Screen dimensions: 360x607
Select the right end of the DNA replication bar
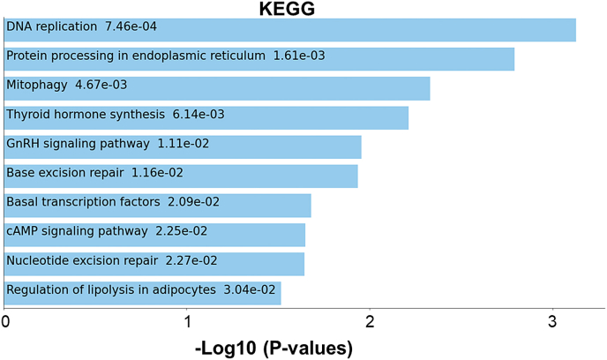[575, 30]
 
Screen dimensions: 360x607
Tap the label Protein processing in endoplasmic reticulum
[136, 56]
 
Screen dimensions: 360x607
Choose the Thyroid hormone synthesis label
[86, 115]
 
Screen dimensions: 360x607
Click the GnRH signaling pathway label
[78, 144]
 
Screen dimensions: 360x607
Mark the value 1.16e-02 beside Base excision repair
[157, 173]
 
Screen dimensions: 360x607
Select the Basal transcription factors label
[83, 202]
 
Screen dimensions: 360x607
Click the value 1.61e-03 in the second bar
[299, 56]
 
